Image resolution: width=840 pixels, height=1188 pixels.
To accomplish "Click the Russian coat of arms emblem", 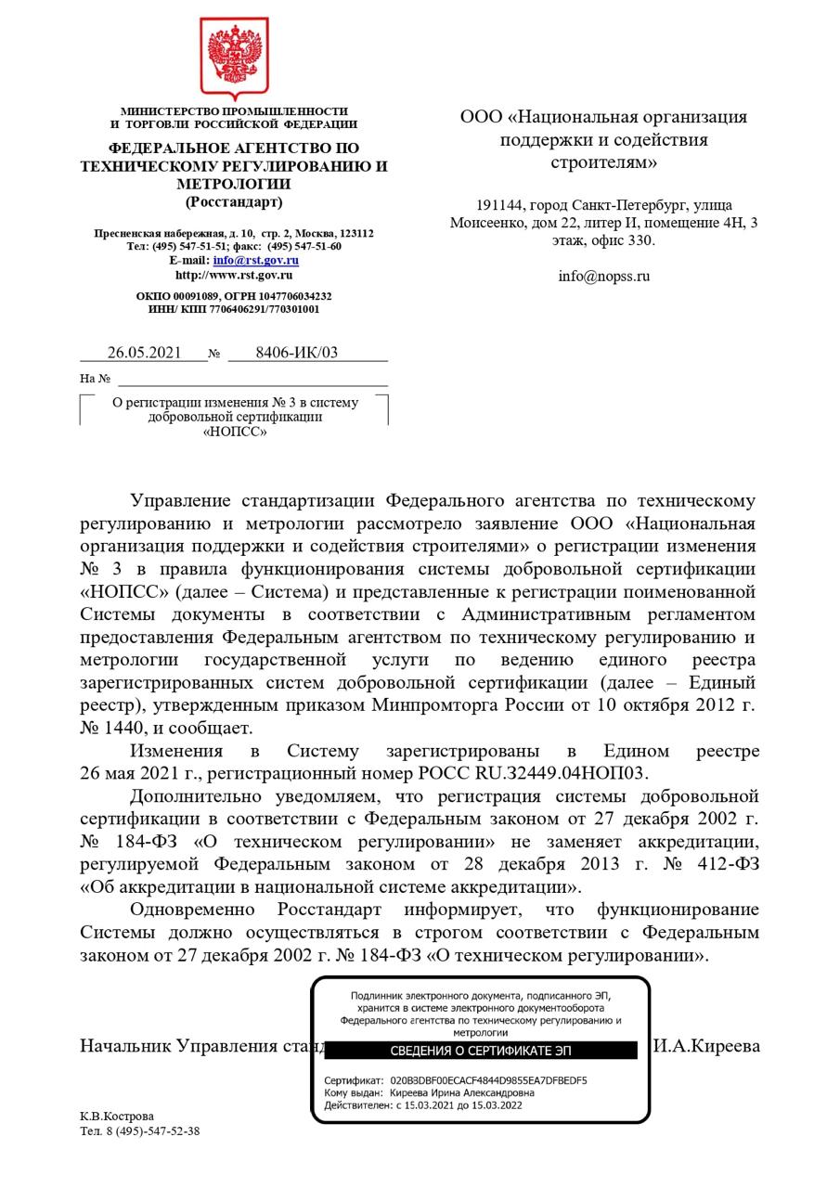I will (234, 58).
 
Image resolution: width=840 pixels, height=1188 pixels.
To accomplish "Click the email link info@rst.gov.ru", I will (255, 261).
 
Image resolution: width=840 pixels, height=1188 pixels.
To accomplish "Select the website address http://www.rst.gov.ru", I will (234, 275).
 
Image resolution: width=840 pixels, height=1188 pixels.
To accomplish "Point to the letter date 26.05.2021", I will (144, 353).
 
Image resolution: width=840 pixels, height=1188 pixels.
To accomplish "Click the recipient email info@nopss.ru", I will (603, 276).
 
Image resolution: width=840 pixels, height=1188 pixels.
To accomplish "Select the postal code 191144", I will (500, 205).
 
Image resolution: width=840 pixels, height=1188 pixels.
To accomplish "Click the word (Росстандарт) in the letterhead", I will (234, 201).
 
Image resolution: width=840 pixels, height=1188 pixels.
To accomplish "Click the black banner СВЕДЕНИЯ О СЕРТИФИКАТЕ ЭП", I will (480, 1051).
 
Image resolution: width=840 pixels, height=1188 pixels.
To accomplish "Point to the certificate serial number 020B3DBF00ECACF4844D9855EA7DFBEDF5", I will (488, 1080).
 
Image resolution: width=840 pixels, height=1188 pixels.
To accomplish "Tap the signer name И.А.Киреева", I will (706, 1046).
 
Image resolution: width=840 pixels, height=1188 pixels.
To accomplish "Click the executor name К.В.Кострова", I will (117, 1117).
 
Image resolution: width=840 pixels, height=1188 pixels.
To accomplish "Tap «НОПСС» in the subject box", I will (234, 432).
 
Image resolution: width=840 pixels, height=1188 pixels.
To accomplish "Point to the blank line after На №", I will (252, 379).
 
